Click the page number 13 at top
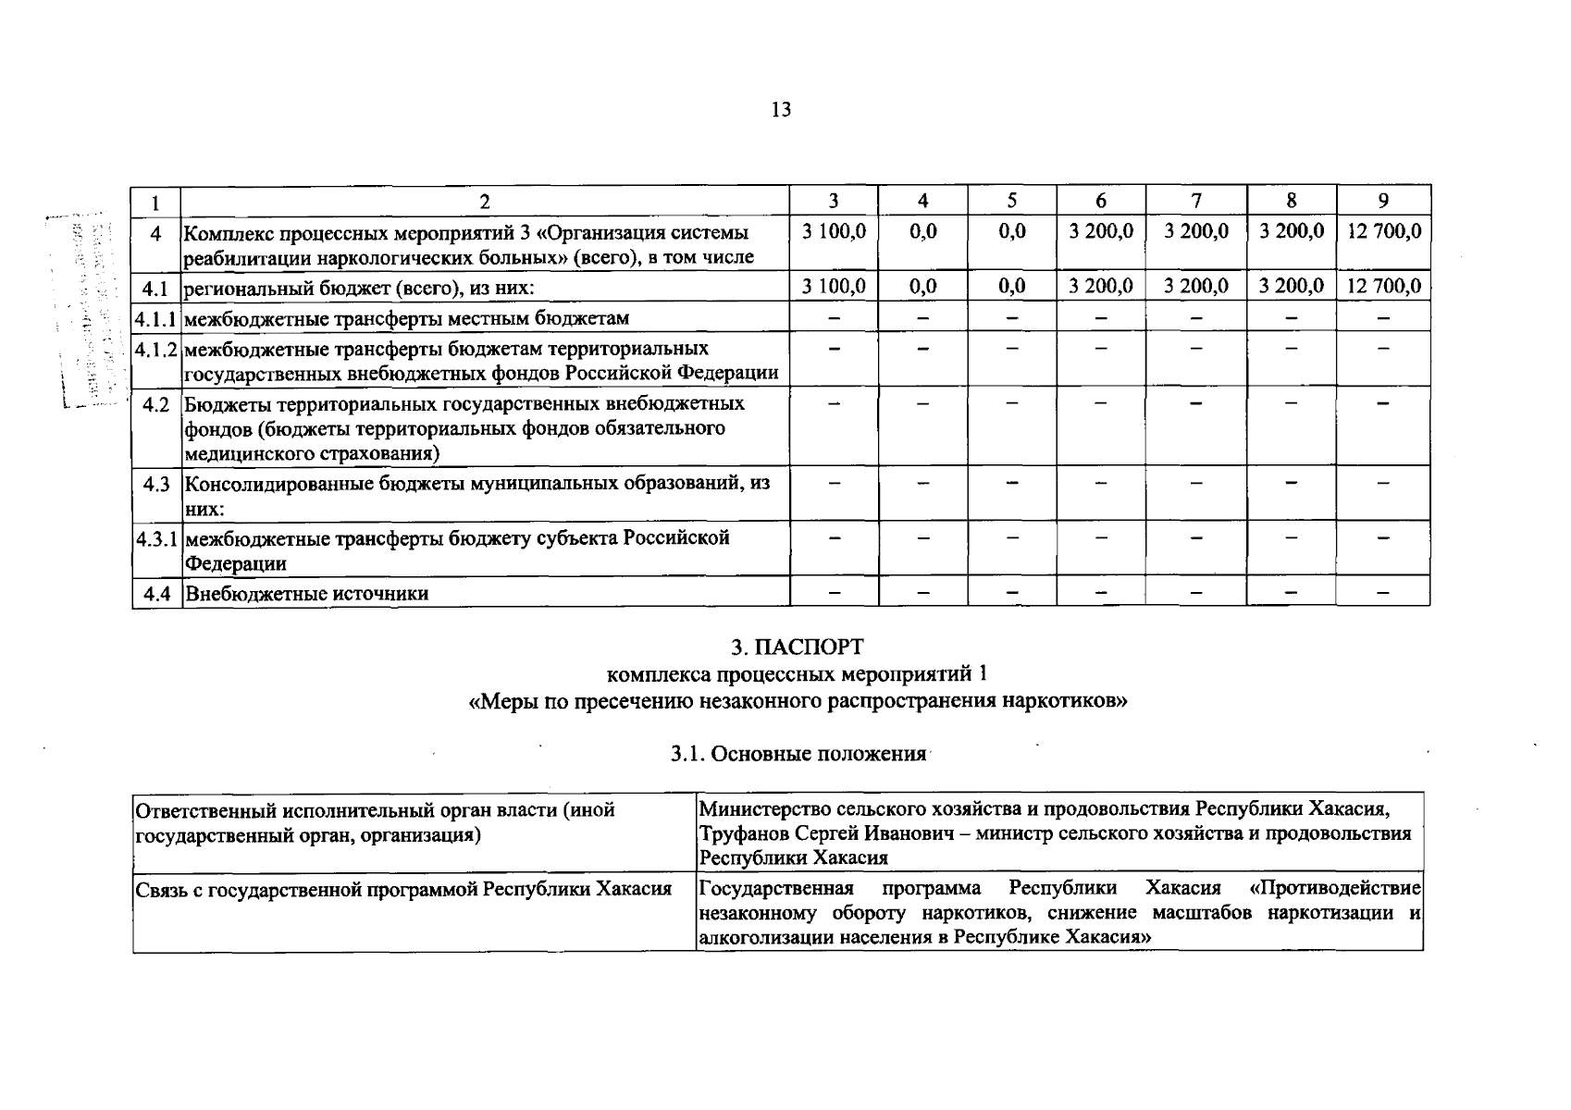click(x=781, y=110)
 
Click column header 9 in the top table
click(x=1382, y=201)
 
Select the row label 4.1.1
click(x=155, y=318)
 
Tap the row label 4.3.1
click(x=155, y=538)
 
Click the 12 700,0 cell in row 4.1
click(x=1383, y=287)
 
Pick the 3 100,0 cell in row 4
click(x=833, y=231)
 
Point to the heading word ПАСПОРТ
click(x=810, y=647)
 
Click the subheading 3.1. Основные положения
click(x=798, y=754)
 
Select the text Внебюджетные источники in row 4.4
click(x=306, y=594)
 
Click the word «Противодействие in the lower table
click(x=1334, y=889)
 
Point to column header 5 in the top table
click(x=1011, y=201)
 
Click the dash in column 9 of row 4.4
click(x=1382, y=594)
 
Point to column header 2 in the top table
click(x=484, y=201)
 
